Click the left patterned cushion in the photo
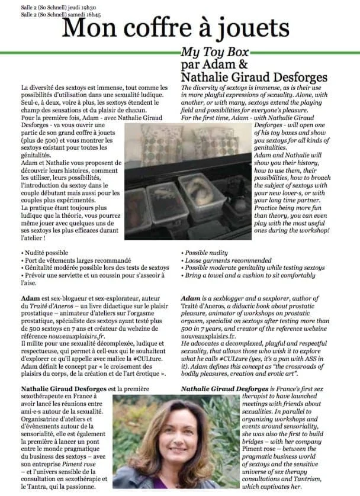pyautogui.click(x=150, y=145)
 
